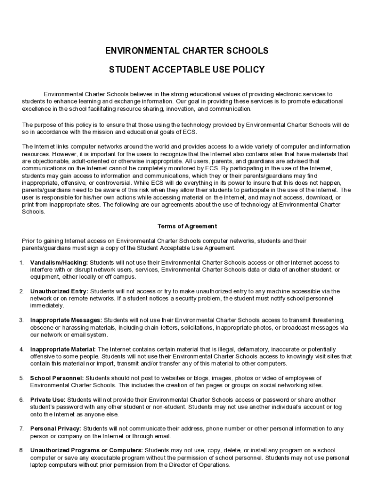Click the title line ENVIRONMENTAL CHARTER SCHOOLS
tap(187, 51)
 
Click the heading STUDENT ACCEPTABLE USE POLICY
tap(187, 70)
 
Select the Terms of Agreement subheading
tap(187, 226)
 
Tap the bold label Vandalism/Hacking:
tap(59, 263)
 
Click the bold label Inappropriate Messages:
tap(66, 320)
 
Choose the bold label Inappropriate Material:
tap(63, 349)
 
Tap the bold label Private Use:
tap(48, 400)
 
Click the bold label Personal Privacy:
tap(55, 428)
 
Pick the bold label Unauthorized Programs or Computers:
tap(86, 450)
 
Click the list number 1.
tap(21, 263)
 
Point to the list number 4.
tap(21, 349)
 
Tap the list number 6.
tap(21, 400)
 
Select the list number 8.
tap(21, 450)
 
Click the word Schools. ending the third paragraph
tap(33, 212)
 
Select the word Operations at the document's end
tap(213, 464)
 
